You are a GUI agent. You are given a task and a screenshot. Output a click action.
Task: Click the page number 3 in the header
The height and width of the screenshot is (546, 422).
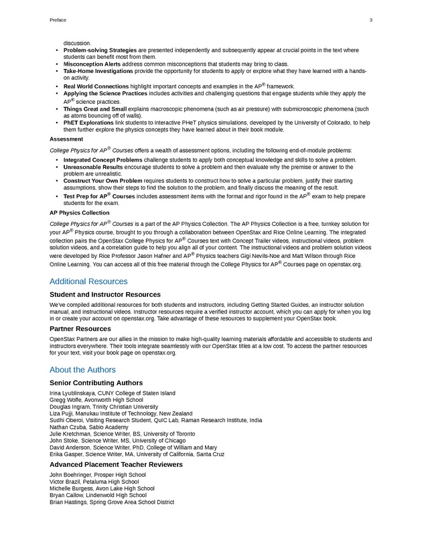370,20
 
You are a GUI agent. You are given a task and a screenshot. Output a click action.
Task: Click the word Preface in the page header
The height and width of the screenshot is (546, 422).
58,20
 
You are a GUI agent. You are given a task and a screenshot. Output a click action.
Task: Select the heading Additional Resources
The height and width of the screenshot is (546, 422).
88,281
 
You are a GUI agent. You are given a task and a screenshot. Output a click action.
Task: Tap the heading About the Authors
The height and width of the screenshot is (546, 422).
82,370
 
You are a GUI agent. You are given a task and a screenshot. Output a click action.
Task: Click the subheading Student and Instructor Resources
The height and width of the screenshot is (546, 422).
105,294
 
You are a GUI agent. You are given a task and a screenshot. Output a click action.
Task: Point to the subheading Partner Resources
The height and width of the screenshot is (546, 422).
80,329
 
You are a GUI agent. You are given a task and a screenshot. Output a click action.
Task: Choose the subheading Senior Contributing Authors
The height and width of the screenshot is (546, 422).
96,383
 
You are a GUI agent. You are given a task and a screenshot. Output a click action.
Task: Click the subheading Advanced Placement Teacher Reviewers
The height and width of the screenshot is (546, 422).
115,464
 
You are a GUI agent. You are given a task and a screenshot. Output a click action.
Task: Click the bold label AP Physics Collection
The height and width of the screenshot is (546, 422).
79,212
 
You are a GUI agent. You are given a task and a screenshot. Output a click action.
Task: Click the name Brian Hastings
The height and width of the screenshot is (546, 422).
68,502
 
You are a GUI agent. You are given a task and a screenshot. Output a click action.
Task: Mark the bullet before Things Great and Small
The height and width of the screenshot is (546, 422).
56,109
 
